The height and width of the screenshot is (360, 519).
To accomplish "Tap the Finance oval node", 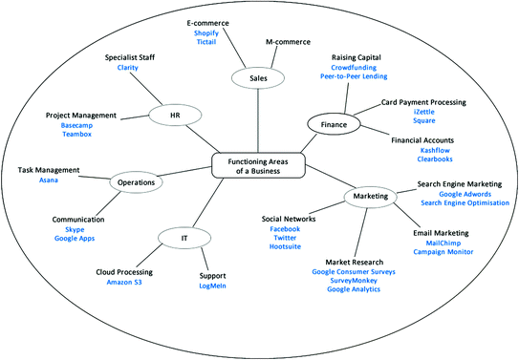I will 331,123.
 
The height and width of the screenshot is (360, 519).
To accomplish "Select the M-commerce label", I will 289,42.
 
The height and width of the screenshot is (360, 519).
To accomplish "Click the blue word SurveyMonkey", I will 354,280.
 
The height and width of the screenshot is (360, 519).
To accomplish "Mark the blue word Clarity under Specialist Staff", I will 128,69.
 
